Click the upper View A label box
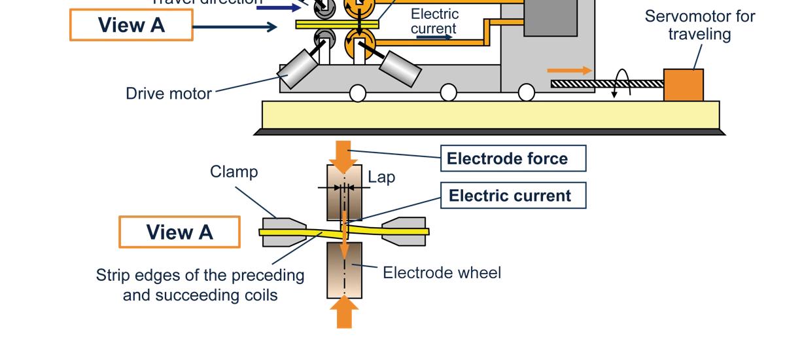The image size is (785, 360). pyautogui.click(x=131, y=26)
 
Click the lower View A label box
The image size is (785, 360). pyautogui.click(x=179, y=232)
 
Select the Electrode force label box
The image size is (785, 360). pyautogui.click(x=513, y=158)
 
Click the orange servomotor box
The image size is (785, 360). pyautogui.click(x=683, y=85)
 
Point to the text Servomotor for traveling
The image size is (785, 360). pyautogui.click(x=699, y=25)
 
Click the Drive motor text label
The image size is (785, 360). pyautogui.click(x=168, y=94)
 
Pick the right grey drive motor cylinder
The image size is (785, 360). pyautogui.click(x=400, y=67)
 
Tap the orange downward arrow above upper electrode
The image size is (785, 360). pyautogui.click(x=344, y=154)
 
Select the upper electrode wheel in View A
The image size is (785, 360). pyautogui.click(x=344, y=192)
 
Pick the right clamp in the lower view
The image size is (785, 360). pyautogui.click(x=404, y=232)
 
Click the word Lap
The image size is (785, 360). pyautogui.click(x=381, y=177)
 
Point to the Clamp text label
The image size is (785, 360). pyautogui.click(x=234, y=172)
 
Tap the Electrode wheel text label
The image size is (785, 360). pyautogui.click(x=442, y=272)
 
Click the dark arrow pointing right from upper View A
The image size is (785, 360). pyautogui.click(x=235, y=27)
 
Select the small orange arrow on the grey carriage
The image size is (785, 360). pyautogui.click(x=570, y=71)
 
